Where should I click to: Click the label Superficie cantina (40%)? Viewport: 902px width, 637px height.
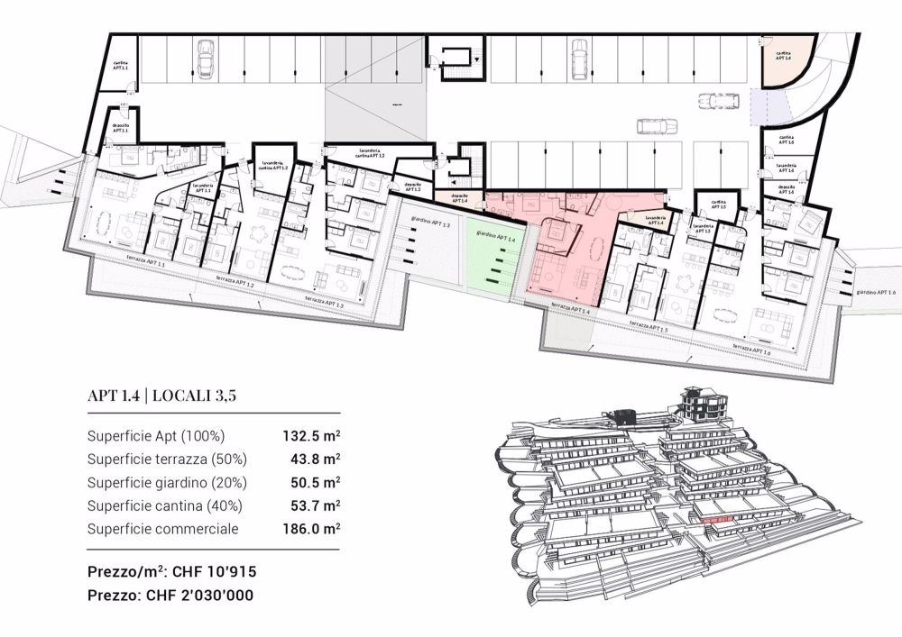click(165, 505)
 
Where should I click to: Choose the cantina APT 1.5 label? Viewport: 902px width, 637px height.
click(719, 204)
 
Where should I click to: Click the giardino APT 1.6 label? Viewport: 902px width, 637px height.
click(877, 292)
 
